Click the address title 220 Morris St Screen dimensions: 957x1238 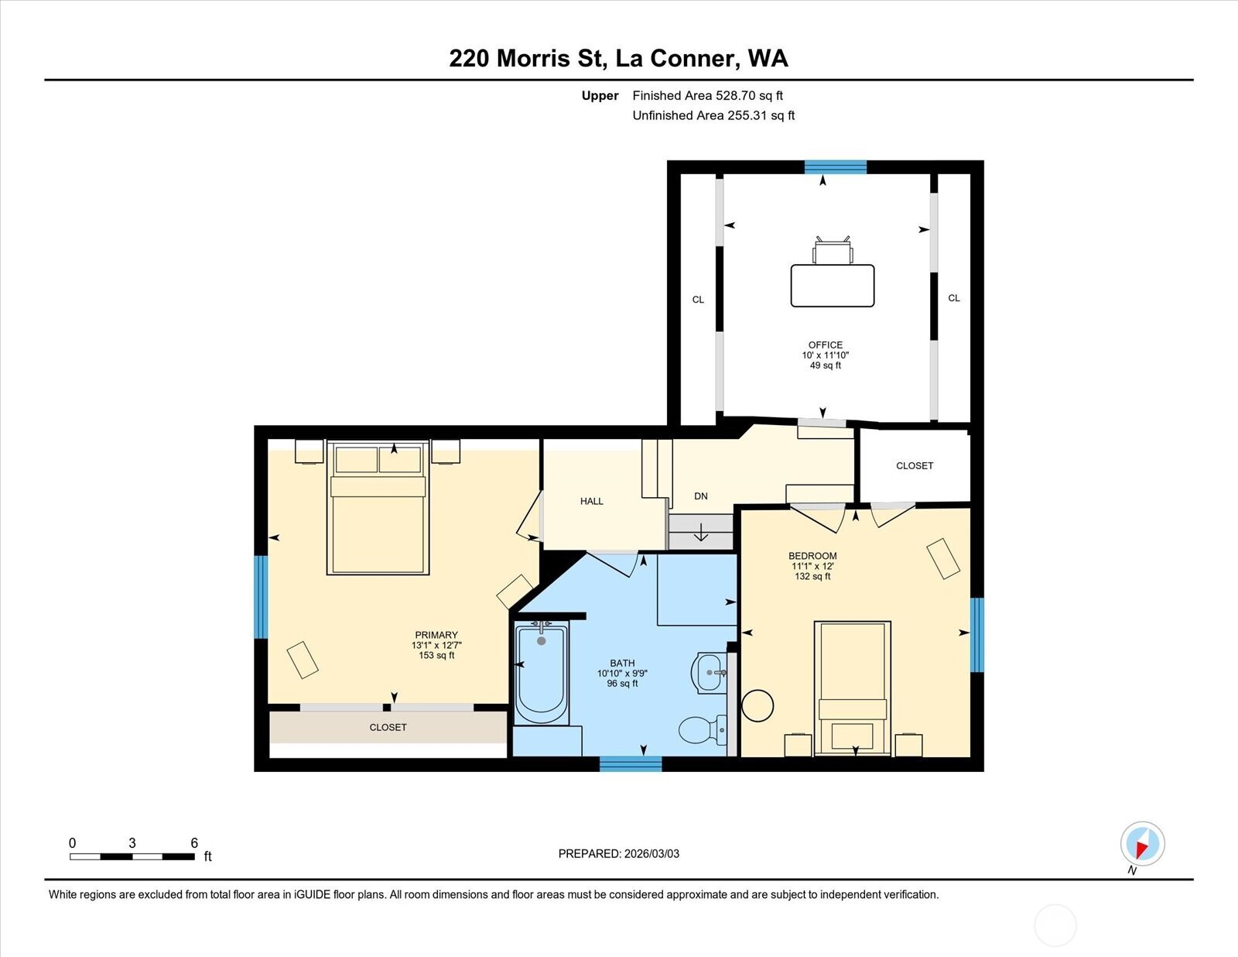pyautogui.click(x=618, y=58)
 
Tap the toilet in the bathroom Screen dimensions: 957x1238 pyautogui.click(x=701, y=729)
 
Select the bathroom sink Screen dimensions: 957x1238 pyautogui.click(x=710, y=672)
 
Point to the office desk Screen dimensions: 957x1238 pyautogui.click(x=832, y=285)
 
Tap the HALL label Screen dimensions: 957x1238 pyautogui.click(x=592, y=501)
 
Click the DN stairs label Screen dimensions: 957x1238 pyautogui.click(x=701, y=496)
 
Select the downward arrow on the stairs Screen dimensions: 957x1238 pyautogui.click(x=701, y=533)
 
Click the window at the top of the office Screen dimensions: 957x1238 pyautogui.click(x=836, y=166)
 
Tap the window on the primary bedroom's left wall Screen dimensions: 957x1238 pyautogui.click(x=261, y=596)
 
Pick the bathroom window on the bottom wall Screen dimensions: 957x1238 pyautogui.click(x=631, y=763)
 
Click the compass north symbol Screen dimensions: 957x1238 pyautogui.click(x=1142, y=844)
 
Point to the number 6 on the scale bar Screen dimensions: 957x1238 pyautogui.click(x=194, y=843)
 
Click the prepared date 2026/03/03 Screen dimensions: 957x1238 pyautogui.click(x=618, y=853)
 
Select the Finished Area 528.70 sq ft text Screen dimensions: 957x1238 pyautogui.click(x=707, y=96)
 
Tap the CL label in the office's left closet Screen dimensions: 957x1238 pyautogui.click(x=698, y=300)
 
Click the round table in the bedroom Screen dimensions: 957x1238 pyautogui.click(x=758, y=705)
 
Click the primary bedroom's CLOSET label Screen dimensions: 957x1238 pyautogui.click(x=388, y=727)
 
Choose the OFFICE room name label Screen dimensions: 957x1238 pyautogui.click(x=826, y=345)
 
